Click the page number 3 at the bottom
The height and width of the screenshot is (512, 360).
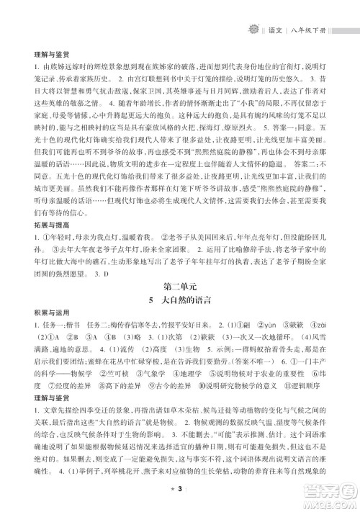180,491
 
